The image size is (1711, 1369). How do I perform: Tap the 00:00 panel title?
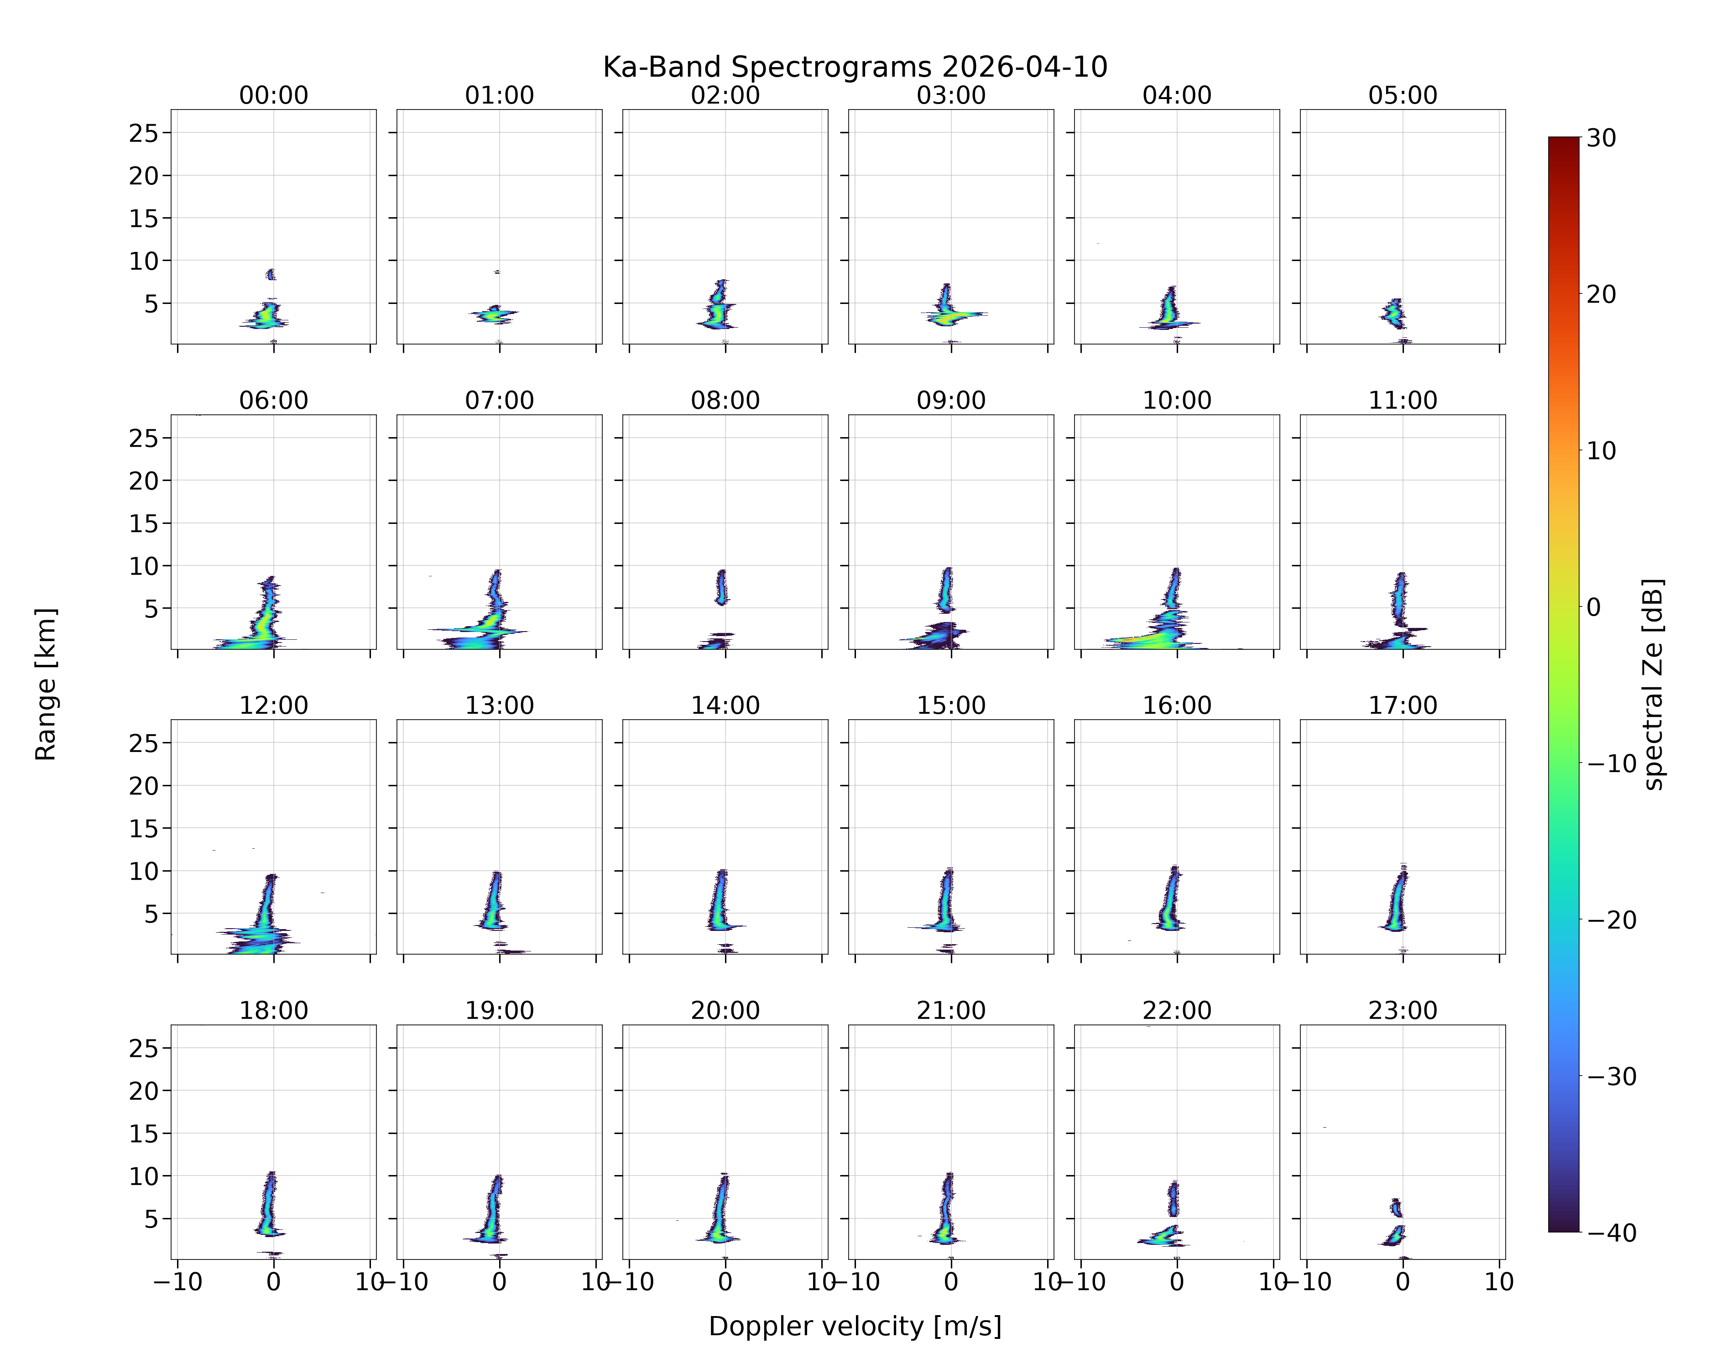pos(274,95)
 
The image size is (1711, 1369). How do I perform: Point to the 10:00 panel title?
pos(1177,400)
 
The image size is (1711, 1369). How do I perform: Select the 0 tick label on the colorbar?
pos(1594,607)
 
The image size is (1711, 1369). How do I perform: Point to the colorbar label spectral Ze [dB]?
pos(1653,684)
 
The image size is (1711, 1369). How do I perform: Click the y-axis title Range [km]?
pos(46,684)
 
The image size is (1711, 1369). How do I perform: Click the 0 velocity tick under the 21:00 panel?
pos(951,1282)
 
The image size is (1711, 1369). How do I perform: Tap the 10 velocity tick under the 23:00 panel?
pos(1499,1282)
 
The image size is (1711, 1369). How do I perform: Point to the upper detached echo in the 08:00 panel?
pos(721,587)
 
